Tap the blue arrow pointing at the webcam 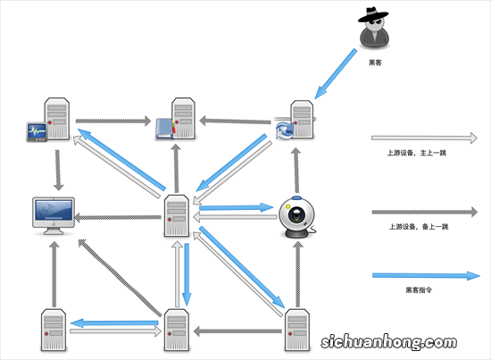tap(237, 207)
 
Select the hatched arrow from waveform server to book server tap(112, 118)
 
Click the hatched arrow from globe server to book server tap(237, 118)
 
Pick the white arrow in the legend tap(427, 138)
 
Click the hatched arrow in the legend tap(427, 213)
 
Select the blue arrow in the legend tap(427, 276)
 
